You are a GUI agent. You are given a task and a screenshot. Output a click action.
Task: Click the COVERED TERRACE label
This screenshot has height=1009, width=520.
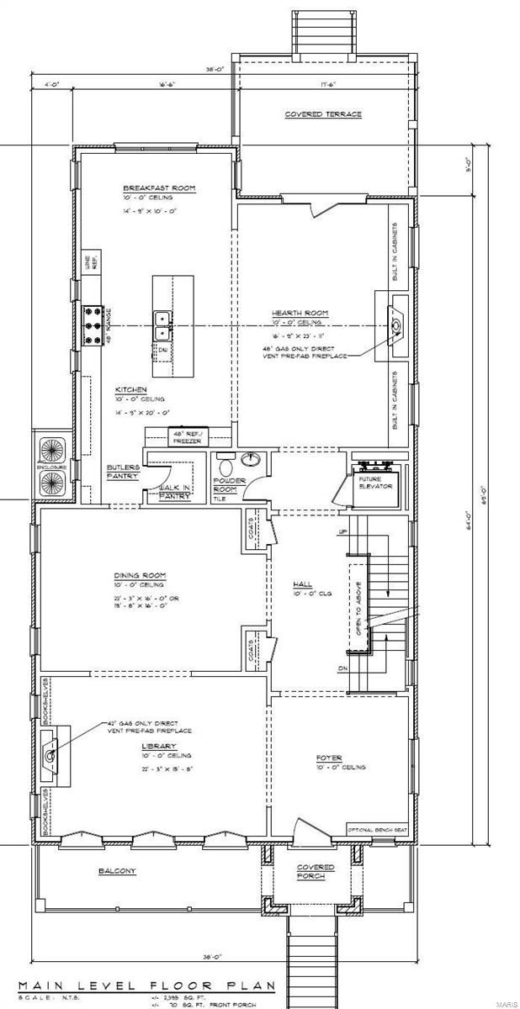click(322, 114)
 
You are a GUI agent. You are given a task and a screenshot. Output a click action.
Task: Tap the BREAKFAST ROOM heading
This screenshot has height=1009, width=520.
click(159, 188)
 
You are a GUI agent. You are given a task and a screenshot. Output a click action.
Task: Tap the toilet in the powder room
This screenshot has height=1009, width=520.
click(225, 464)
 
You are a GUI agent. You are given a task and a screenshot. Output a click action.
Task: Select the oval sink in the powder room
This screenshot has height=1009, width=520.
click(251, 459)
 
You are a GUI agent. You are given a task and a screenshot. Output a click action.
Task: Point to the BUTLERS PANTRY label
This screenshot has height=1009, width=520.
click(123, 472)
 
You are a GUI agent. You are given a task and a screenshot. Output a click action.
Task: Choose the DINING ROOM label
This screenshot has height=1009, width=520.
click(140, 576)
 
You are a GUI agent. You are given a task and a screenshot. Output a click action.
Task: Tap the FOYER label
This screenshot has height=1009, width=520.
click(329, 758)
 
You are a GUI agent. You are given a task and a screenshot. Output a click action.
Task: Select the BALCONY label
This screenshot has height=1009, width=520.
click(117, 871)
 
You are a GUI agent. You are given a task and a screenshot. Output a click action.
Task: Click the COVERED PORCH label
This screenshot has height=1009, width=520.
click(316, 872)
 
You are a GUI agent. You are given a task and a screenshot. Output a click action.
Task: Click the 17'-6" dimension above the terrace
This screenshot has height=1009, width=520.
click(328, 84)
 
